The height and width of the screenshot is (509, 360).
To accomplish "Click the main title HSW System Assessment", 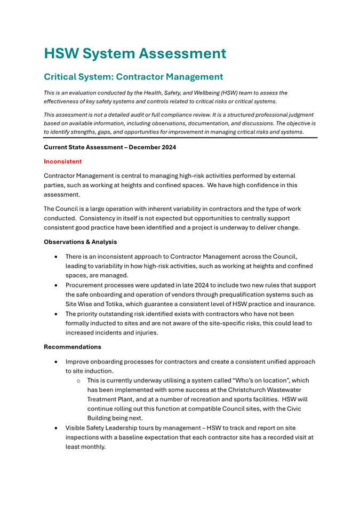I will coord(135,53).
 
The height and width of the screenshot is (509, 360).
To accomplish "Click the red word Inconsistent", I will coord(62,161).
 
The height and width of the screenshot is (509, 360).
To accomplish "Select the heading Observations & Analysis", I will coord(80,242).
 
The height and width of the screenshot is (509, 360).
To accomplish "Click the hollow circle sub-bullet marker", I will coord(78,381).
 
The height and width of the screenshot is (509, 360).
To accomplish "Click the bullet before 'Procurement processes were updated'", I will coord(57,285).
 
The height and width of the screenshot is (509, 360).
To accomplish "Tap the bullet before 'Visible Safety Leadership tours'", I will coord(57,428).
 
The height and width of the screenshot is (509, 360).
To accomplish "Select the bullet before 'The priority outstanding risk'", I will coord(57,314).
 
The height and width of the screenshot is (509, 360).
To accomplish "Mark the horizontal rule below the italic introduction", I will coord(180,138).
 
